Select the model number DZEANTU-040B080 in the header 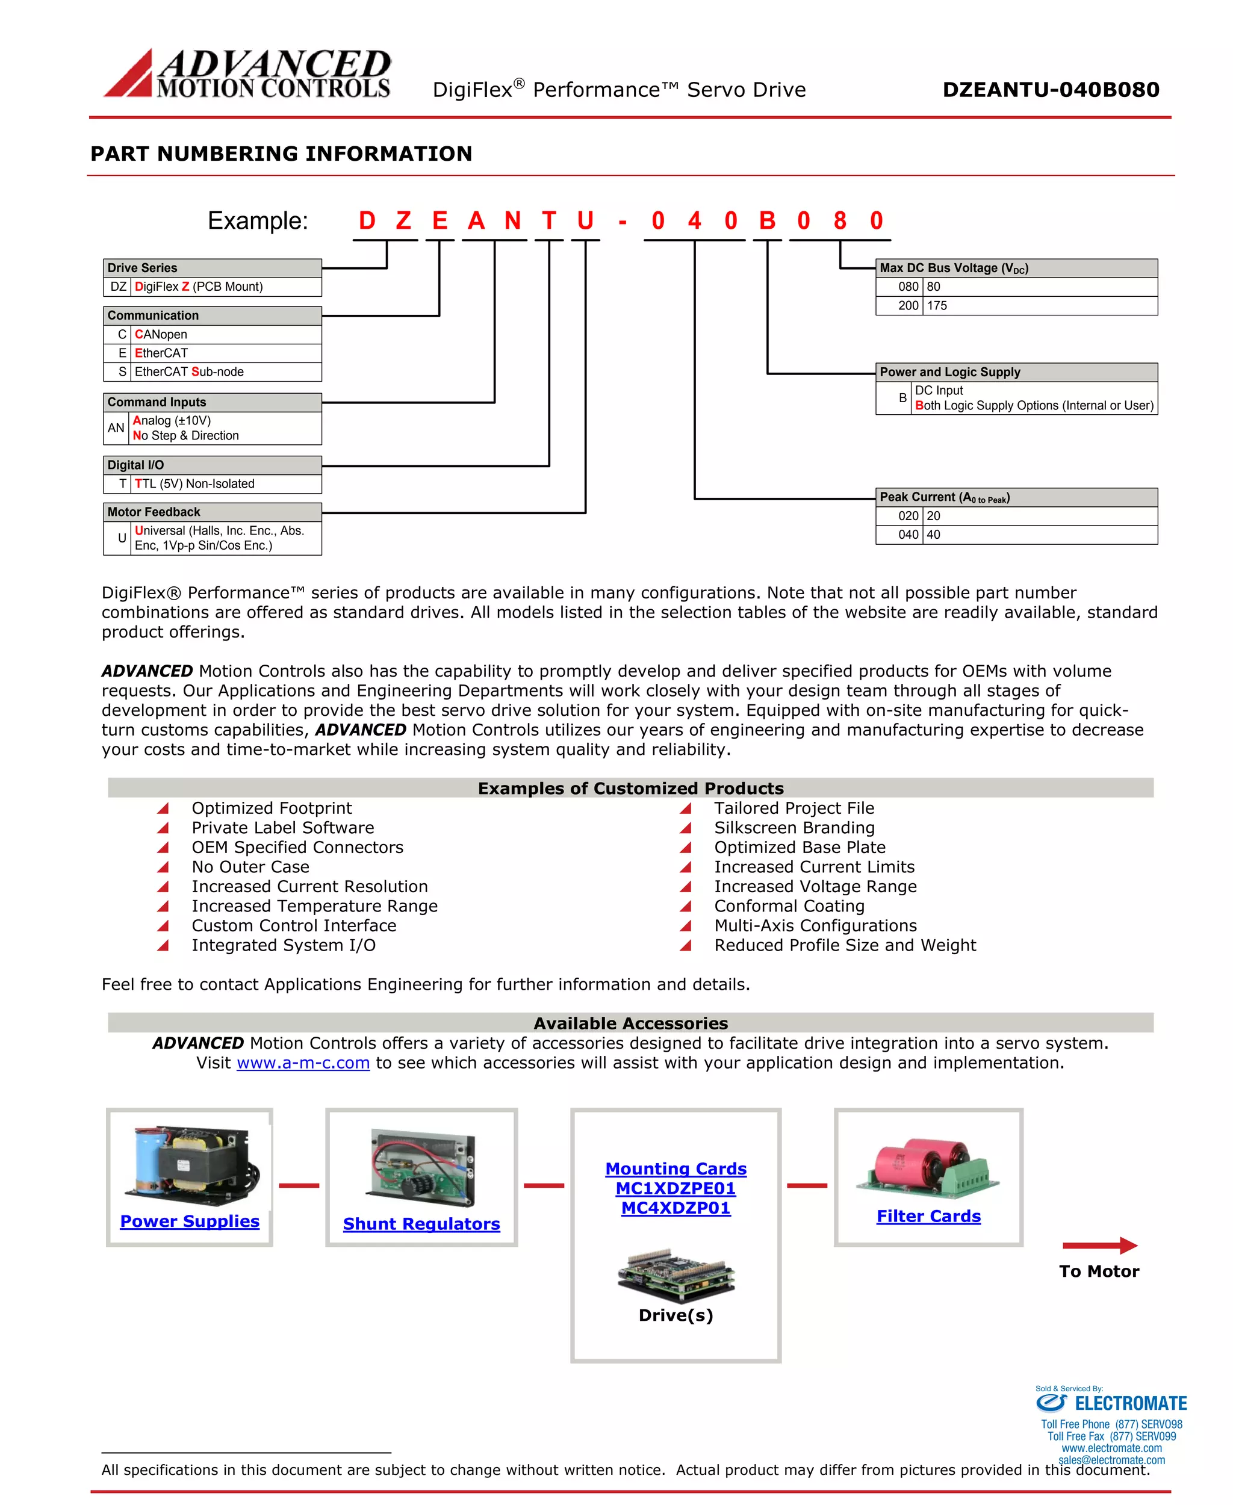pos(1051,90)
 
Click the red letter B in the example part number pos(766,221)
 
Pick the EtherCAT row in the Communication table pos(212,353)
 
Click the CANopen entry pos(162,335)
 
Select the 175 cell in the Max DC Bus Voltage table pos(937,305)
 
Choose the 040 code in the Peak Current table pos(908,535)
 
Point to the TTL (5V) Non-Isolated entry pos(194,483)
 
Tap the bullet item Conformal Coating pos(789,906)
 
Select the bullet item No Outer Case pos(250,867)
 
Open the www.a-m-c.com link pos(303,1063)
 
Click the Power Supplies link pos(190,1221)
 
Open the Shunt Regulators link pos(421,1224)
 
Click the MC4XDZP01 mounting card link pos(676,1208)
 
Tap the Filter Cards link pos(928,1216)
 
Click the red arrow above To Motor pos(1099,1245)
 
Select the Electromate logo pos(1111,1403)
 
